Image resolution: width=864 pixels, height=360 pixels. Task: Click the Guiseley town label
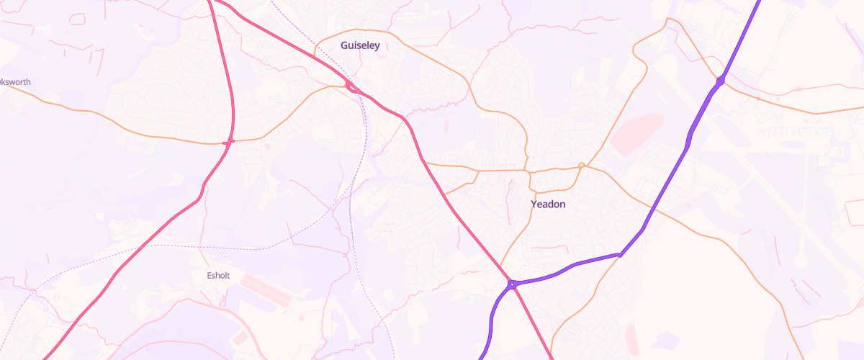pos(359,45)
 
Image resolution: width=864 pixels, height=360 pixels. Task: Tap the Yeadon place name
pos(548,204)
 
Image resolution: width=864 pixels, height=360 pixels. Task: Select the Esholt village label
pos(217,275)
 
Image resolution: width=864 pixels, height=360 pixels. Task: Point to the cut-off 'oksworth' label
pos(15,82)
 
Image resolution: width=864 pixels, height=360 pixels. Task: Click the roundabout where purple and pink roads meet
pos(511,284)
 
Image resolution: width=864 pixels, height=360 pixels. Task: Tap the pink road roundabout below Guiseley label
pos(353,87)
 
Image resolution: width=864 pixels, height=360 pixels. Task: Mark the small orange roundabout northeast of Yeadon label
pos(582,166)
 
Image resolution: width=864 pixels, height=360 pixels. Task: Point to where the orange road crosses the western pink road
pos(230,142)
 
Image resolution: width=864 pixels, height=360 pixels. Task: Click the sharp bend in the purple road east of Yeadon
pos(620,254)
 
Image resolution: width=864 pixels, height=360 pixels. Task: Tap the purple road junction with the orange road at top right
pos(720,80)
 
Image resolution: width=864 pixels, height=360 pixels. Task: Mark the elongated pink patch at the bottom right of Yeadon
pos(632,338)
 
